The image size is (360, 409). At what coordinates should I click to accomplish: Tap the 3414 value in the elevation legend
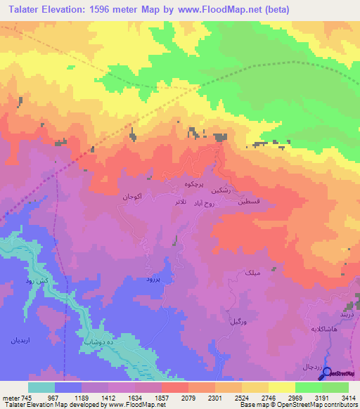coord(348,397)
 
